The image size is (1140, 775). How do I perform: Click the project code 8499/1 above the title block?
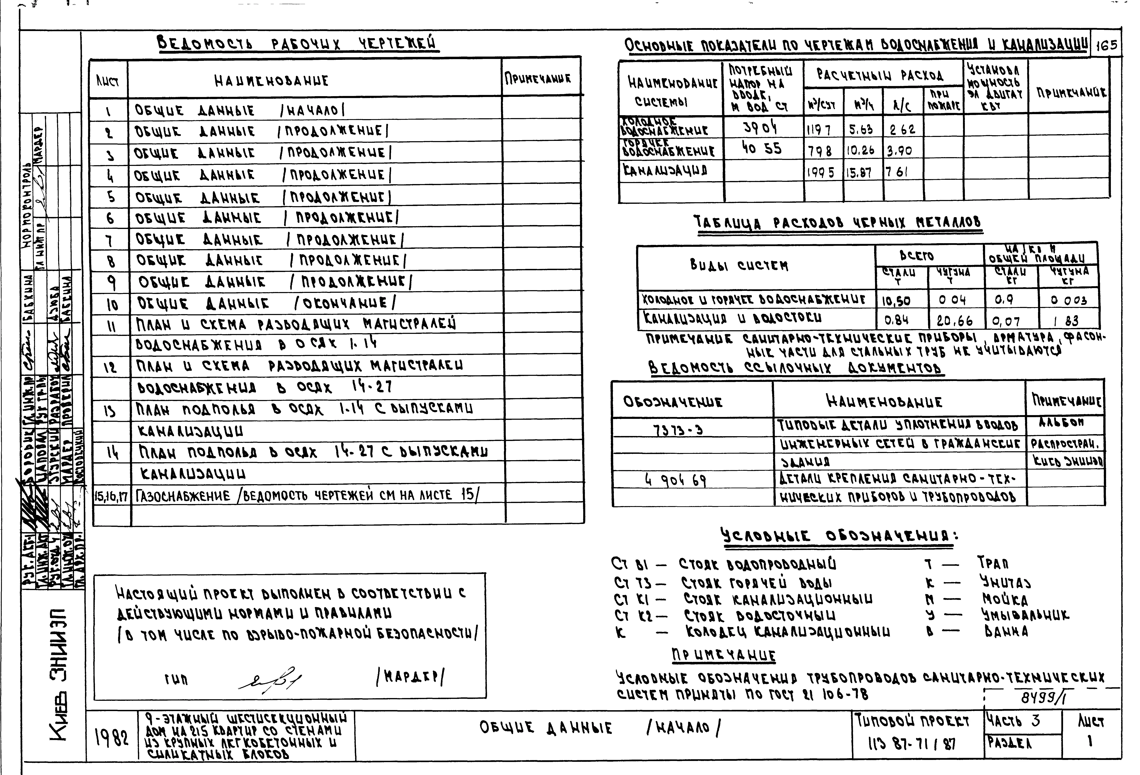1045,697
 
